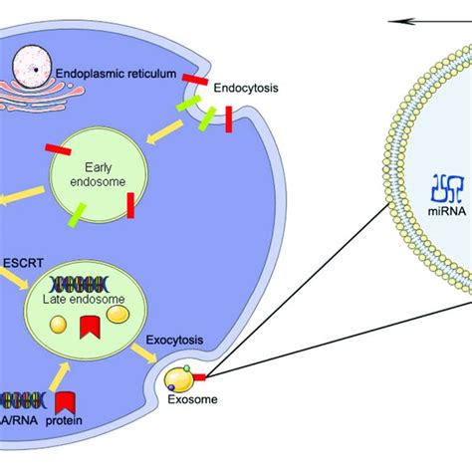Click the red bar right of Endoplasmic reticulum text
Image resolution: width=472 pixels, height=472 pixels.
[195, 80]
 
